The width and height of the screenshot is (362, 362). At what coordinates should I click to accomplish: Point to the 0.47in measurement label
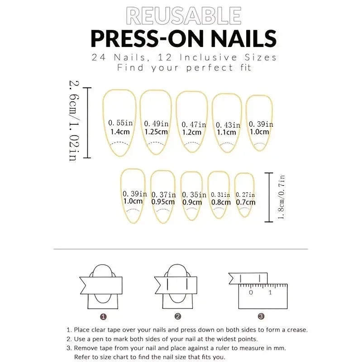[x=194, y=124]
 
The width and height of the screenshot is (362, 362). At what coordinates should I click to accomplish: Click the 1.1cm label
[x=226, y=133]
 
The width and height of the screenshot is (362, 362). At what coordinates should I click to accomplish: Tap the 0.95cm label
[x=163, y=202]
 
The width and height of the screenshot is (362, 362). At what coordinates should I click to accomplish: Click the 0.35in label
[x=191, y=195]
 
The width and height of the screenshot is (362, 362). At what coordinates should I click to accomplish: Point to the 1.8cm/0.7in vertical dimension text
[x=281, y=197]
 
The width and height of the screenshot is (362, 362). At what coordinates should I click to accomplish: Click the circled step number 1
[x=103, y=317]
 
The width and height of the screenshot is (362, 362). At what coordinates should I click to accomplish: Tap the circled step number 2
[x=178, y=317]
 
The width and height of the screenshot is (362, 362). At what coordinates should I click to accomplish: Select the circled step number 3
[x=261, y=317]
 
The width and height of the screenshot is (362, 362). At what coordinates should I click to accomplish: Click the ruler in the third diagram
[x=262, y=296]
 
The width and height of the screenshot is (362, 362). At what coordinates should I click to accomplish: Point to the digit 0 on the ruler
[x=251, y=292]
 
